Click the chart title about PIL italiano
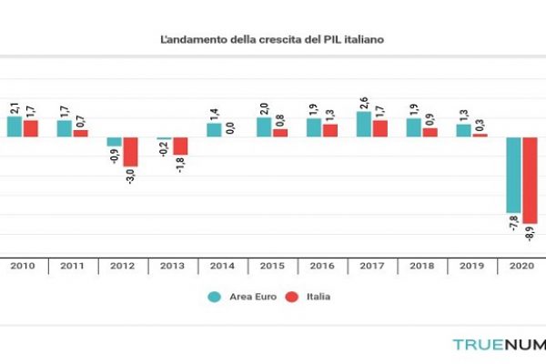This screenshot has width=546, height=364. [x=272, y=41]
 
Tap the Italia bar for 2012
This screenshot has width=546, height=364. [x=131, y=151]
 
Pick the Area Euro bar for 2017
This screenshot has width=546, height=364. [x=363, y=125]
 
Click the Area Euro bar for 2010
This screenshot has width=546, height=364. [x=14, y=126]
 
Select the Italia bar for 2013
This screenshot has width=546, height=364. [x=180, y=146]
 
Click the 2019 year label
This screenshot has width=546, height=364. [x=470, y=267]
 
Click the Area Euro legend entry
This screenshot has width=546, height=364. [x=241, y=297]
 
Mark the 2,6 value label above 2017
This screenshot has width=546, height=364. [x=363, y=103]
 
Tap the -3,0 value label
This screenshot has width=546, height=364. [x=131, y=176]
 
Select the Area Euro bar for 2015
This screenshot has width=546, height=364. [x=263, y=127]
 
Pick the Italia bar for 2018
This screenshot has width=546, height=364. [x=430, y=132]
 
